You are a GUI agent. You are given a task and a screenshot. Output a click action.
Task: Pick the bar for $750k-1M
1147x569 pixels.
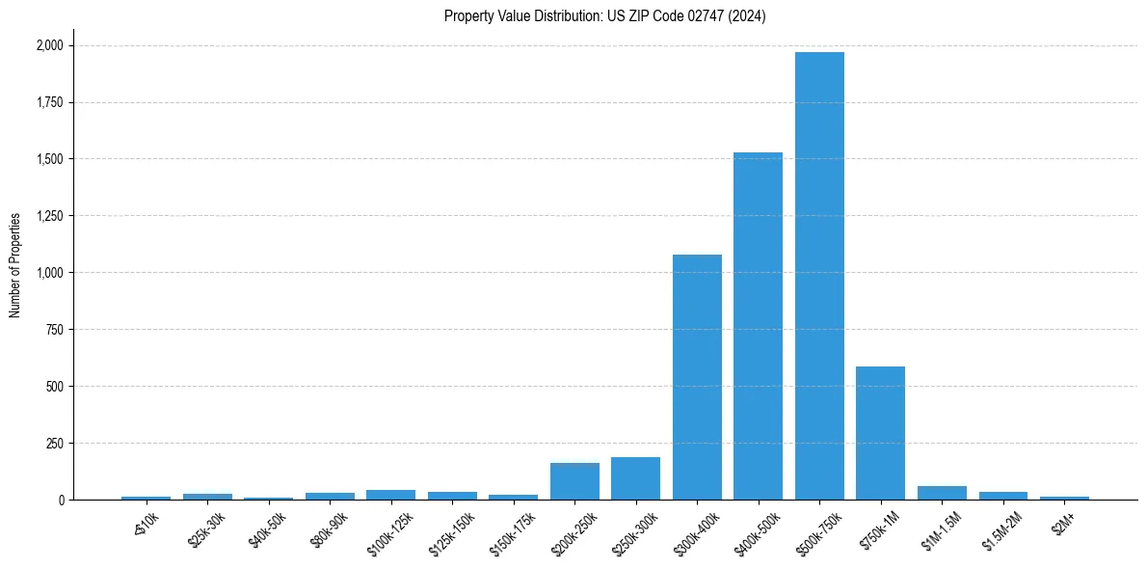(880, 433)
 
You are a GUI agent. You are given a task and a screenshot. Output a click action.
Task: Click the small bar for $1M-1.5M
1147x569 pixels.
(942, 493)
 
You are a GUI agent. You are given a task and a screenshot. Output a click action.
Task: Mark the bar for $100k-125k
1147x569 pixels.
(390, 495)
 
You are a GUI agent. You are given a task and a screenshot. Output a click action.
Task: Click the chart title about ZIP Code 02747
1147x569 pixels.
(604, 16)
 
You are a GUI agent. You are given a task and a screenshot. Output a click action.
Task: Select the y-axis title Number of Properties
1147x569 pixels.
(15, 265)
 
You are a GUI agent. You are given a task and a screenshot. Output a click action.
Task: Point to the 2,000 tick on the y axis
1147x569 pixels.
(50, 45)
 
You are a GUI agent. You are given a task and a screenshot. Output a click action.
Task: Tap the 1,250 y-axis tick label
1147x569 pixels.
(50, 216)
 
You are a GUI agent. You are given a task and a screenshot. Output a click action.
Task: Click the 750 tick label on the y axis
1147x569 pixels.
(56, 330)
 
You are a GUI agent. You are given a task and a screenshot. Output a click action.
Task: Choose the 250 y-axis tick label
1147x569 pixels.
(56, 444)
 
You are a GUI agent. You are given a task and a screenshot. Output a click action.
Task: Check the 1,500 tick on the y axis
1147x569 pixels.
(50, 159)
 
